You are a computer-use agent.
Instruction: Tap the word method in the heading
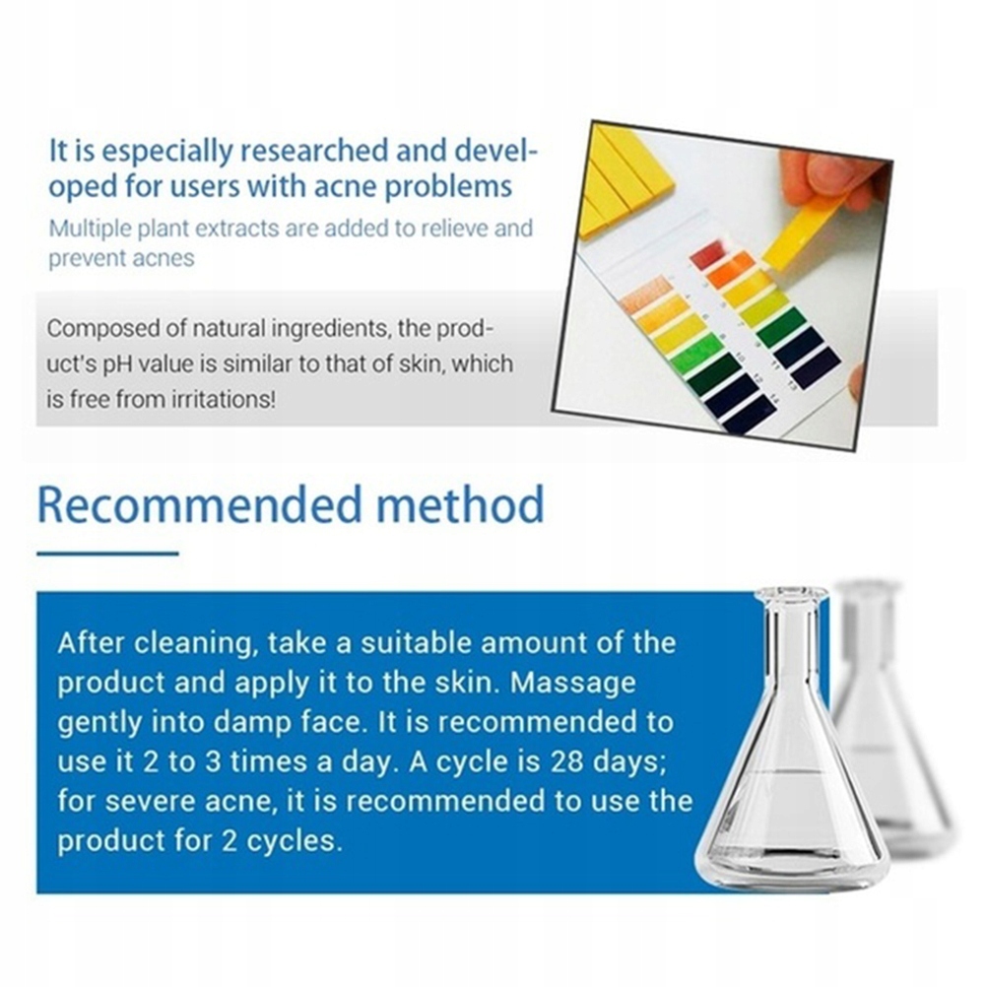(x=460, y=504)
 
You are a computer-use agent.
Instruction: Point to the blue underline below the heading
(x=107, y=554)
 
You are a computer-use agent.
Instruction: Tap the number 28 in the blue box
(x=566, y=761)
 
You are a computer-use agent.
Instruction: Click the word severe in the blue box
(x=151, y=801)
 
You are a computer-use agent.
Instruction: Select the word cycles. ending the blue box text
(x=295, y=841)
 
